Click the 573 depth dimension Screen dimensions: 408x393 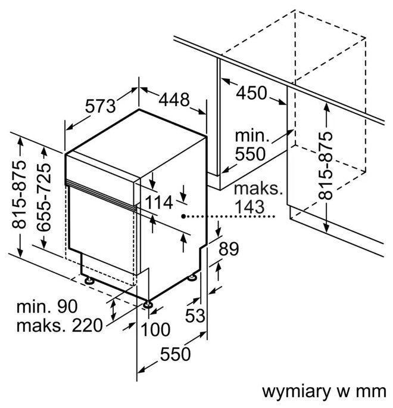pos(99,106)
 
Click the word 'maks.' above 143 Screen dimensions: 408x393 pos(257,190)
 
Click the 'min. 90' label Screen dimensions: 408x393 pos(48,307)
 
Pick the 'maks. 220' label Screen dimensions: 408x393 pos(60,326)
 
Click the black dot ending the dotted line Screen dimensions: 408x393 pos(184,217)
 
